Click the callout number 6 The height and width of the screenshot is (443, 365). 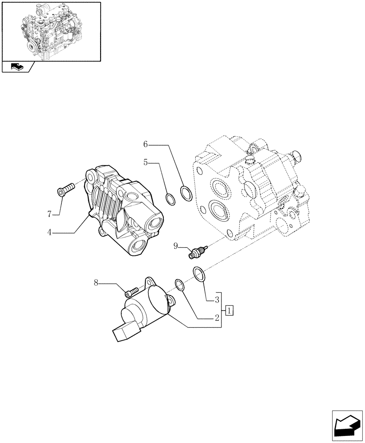click(146, 144)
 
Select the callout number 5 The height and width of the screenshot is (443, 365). click(145, 163)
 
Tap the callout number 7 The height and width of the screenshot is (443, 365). click(50, 214)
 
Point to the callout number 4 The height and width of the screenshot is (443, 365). click(50, 233)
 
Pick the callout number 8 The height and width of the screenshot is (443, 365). click(96, 283)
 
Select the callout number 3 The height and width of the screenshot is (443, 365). click(217, 300)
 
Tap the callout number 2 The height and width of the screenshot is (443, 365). click(217, 318)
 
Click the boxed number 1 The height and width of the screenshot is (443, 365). click(229, 310)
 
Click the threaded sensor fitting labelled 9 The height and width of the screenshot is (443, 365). click(194, 253)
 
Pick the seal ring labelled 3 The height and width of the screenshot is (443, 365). click(199, 273)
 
